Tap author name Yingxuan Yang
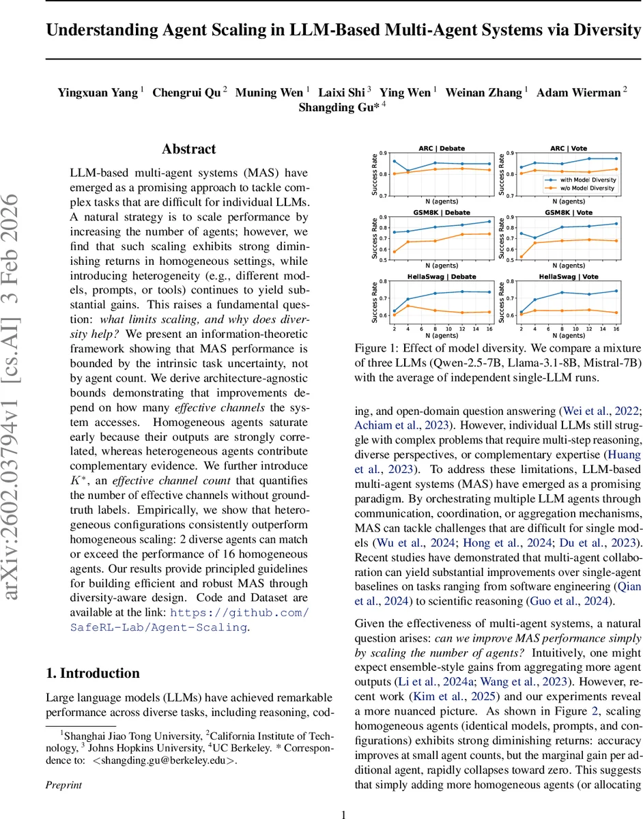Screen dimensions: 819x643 (98, 92)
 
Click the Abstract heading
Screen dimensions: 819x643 (188, 149)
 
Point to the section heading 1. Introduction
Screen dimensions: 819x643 (92, 673)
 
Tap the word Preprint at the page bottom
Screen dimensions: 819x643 (63, 784)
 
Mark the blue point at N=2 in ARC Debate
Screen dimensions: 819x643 (395, 161)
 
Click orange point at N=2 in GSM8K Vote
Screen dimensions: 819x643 (522, 257)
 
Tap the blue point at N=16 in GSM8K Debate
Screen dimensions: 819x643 (488, 221)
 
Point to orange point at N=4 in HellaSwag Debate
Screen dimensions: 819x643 (408, 306)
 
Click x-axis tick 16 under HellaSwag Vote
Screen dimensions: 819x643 (616, 328)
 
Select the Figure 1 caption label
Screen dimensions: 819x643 (375, 348)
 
